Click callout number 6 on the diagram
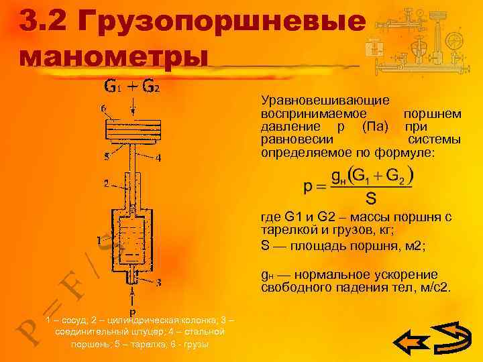tap(102, 108)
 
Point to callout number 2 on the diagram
tap(105, 182)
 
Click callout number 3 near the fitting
tap(158, 282)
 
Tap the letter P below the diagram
tap(133, 312)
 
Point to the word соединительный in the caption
tap(95, 333)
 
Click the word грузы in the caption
tap(195, 345)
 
